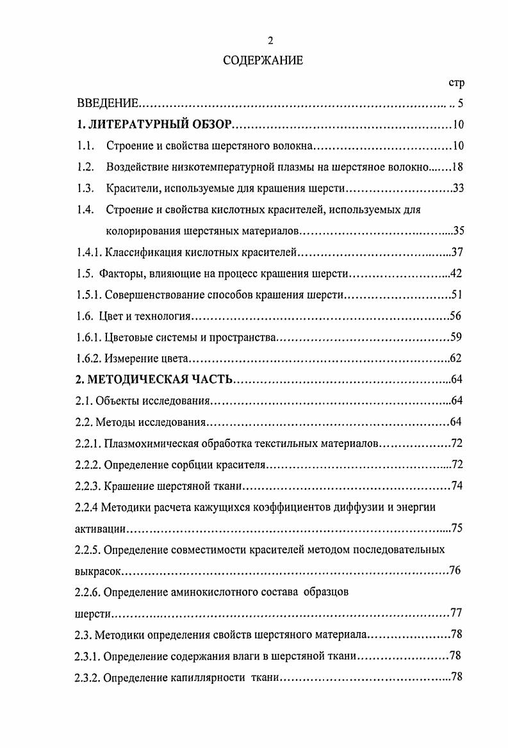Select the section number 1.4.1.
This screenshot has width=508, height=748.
(88, 252)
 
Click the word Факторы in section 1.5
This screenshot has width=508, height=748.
(120, 273)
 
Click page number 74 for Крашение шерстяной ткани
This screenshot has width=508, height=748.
(457, 485)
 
